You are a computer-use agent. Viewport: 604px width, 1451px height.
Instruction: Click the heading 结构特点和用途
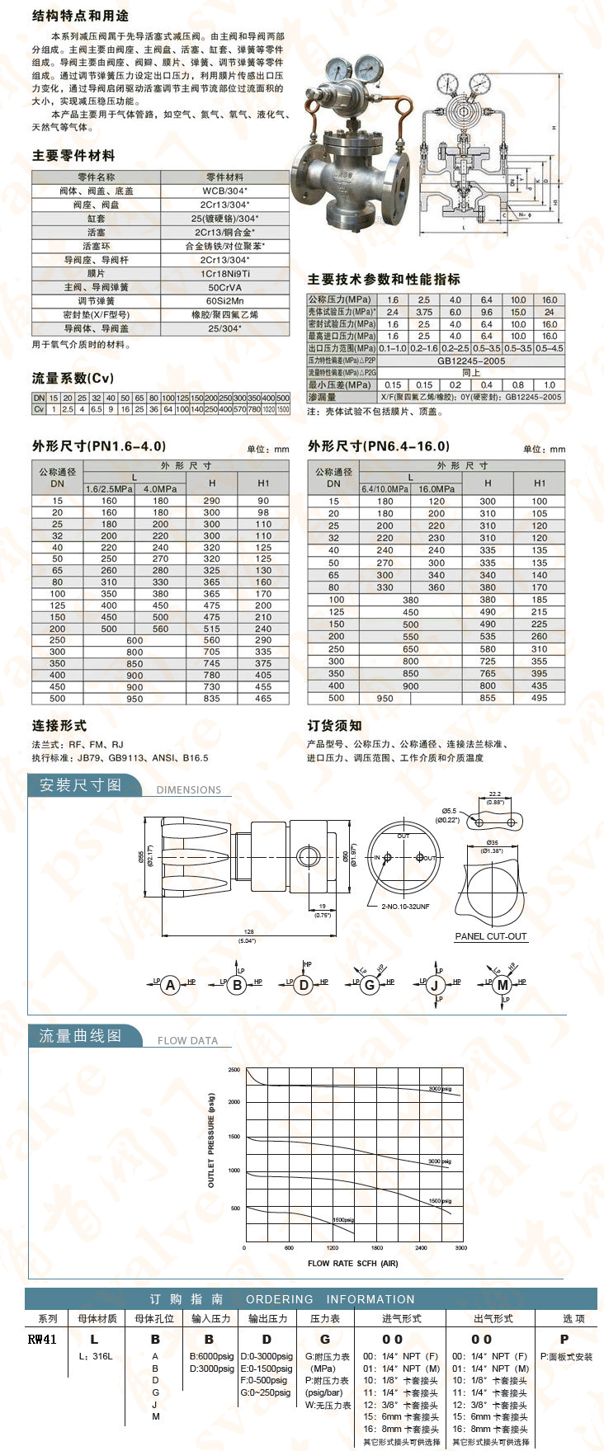point(80,16)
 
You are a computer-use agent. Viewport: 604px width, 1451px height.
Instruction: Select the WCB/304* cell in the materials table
point(224,191)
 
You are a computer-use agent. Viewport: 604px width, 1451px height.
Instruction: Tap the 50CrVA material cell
point(224,287)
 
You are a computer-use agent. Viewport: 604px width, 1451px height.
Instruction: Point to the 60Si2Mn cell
point(224,301)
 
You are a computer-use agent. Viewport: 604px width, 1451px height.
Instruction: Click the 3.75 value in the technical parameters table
point(424,312)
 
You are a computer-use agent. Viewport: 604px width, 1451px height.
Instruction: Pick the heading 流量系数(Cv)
point(73,378)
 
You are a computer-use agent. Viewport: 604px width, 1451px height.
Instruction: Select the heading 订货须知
point(334,725)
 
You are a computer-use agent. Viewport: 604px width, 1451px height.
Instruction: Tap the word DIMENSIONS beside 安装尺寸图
point(188,789)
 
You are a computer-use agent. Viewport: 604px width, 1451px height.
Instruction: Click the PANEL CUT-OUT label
point(490,936)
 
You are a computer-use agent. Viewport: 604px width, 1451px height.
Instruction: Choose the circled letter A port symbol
point(170,985)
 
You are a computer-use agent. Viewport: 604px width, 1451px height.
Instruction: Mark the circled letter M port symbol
point(503,985)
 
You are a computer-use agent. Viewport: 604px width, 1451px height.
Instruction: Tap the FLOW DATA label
point(187,1040)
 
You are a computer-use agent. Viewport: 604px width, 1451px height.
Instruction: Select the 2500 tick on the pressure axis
point(234,1070)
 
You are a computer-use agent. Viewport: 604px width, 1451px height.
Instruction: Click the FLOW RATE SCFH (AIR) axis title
point(352,1263)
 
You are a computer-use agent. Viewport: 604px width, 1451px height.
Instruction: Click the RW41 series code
point(42,1340)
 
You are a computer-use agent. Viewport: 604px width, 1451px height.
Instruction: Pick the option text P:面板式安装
point(566,1356)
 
